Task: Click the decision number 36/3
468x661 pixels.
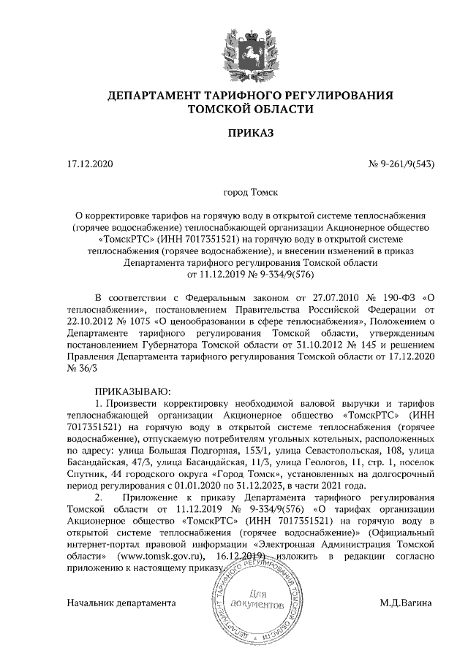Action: pyautogui.click(x=81, y=368)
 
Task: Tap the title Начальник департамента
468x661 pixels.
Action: pyautogui.click(x=121, y=603)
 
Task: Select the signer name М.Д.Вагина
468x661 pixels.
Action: pyautogui.click(x=407, y=603)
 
